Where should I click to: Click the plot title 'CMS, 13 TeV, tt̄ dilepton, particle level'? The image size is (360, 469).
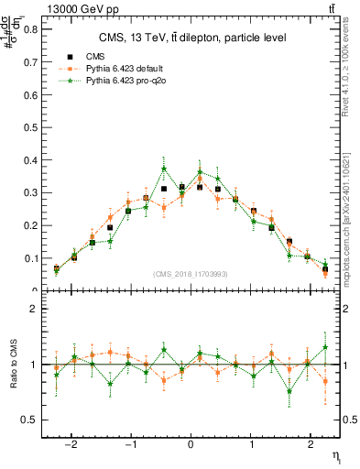(x=192, y=38)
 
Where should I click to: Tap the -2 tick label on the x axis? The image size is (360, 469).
(x=73, y=439)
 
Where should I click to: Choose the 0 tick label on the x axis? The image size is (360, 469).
(x=191, y=439)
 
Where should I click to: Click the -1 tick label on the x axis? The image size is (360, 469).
(x=131, y=439)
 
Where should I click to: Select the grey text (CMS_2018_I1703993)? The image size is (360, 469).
(x=191, y=274)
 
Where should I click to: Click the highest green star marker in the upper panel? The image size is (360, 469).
(x=164, y=169)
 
